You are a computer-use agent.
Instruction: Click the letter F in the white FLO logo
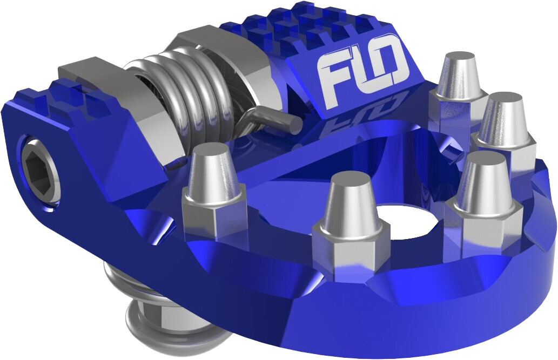pyautogui.click(x=329, y=76)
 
